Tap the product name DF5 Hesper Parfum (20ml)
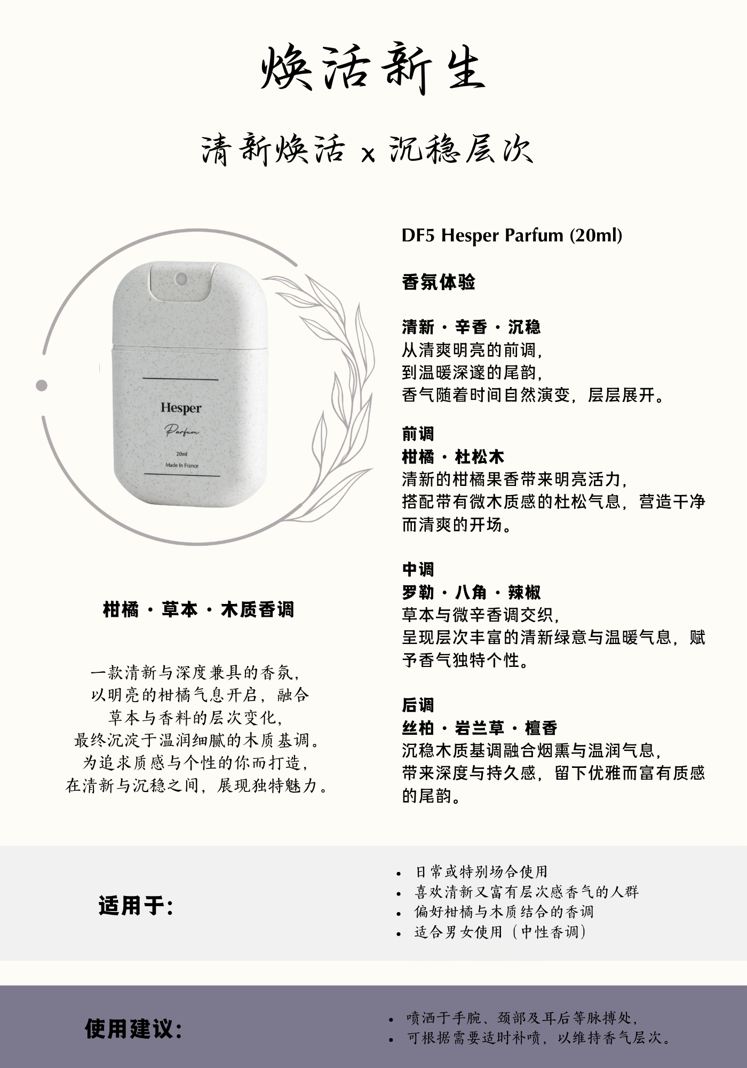coord(512,235)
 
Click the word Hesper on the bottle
coord(181,409)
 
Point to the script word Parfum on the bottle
coord(181,430)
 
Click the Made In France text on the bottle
coord(181,465)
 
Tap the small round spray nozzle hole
coord(181,278)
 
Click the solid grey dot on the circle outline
coord(42,385)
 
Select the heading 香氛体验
coord(439,282)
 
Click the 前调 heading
coord(418,434)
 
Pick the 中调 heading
coord(418,569)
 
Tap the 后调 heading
coord(418,705)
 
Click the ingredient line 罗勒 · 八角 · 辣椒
coord(472,592)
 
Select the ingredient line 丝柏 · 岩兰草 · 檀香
coord(480,728)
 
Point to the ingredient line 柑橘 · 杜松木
coord(453,457)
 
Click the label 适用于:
coord(136,906)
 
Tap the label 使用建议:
coord(133,1029)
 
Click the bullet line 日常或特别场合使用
coord(482,872)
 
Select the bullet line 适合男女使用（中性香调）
coord(500,932)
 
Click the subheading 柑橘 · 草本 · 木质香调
coord(198,609)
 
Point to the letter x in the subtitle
coord(368,154)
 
